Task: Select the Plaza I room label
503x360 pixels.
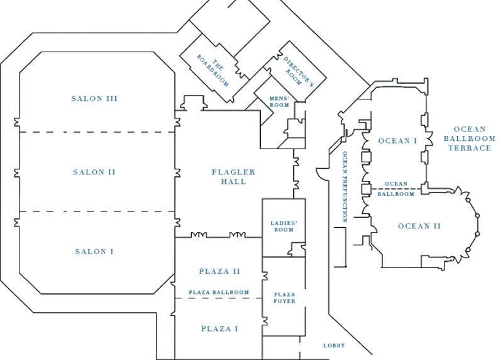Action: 219,328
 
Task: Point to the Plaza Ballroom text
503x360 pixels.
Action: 219,293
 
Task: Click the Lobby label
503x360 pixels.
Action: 334,346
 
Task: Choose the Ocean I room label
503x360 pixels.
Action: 397,140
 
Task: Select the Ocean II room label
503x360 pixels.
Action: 417,226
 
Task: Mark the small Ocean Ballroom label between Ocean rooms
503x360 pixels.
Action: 399,188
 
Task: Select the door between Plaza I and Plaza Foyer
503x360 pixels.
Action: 264,322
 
